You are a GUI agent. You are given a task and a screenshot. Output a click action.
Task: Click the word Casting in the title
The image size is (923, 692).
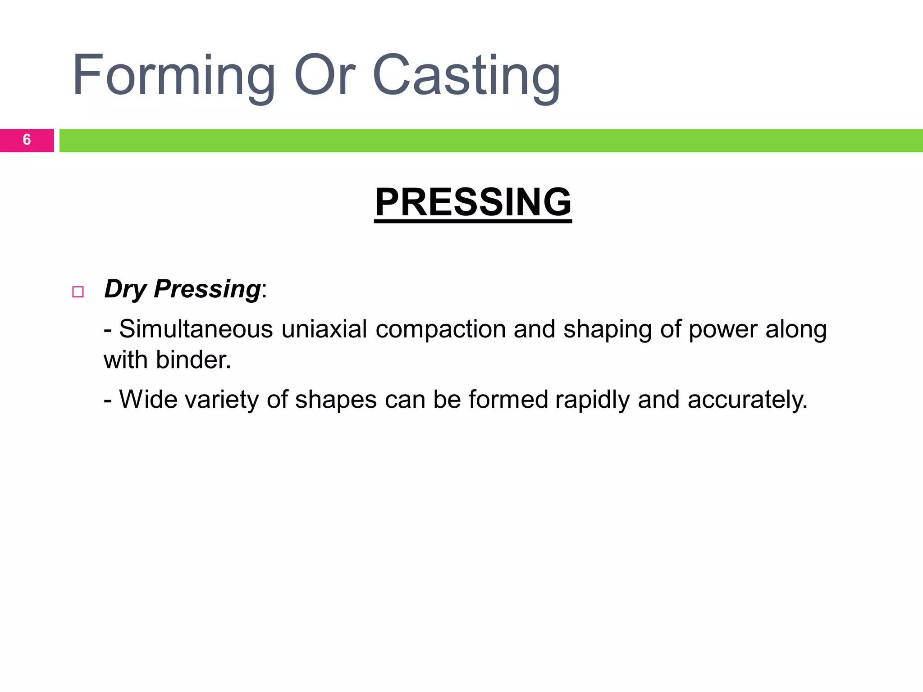(x=466, y=76)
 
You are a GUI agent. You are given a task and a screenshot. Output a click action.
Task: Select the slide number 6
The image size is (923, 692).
(x=27, y=140)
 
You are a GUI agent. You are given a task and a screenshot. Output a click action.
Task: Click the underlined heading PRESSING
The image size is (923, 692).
(x=473, y=202)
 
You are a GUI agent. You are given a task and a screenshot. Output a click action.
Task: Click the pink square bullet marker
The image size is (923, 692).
(x=78, y=292)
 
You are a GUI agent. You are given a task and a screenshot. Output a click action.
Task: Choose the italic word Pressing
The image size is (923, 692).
(x=207, y=289)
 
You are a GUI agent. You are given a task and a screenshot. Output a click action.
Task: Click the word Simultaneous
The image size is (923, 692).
(x=196, y=329)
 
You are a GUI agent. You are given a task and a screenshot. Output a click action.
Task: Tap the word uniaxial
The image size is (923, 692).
(x=324, y=329)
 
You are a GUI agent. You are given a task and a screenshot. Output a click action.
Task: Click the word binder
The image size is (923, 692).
(x=193, y=360)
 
